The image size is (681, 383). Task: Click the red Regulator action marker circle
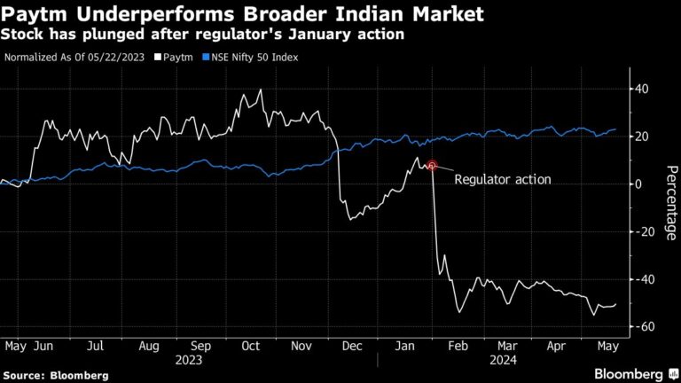[x=432, y=165]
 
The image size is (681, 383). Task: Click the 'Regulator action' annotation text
[x=502, y=179]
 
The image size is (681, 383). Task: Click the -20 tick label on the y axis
[x=641, y=231]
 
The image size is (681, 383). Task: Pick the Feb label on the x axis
[x=458, y=347]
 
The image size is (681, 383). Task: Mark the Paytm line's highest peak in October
[x=260, y=90]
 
